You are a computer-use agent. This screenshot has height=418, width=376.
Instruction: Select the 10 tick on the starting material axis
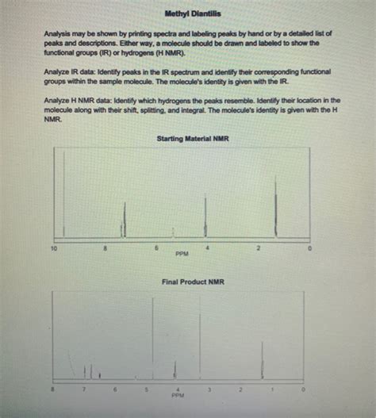54,249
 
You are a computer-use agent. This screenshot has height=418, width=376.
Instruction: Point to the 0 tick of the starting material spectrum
312,249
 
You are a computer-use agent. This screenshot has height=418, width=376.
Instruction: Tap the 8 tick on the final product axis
53,389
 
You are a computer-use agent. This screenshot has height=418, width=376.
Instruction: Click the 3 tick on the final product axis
209,389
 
